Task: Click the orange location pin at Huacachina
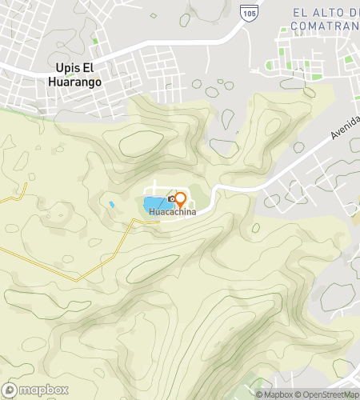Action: coord(181,198)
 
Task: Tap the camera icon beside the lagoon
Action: coord(171,198)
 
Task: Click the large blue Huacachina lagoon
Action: coord(156,206)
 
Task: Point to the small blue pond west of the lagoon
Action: coord(112,205)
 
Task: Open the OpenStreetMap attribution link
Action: coord(328,394)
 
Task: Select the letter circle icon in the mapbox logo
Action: coord(10,391)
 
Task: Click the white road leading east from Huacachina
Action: coord(240,186)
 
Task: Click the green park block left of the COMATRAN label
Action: coord(282,65)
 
